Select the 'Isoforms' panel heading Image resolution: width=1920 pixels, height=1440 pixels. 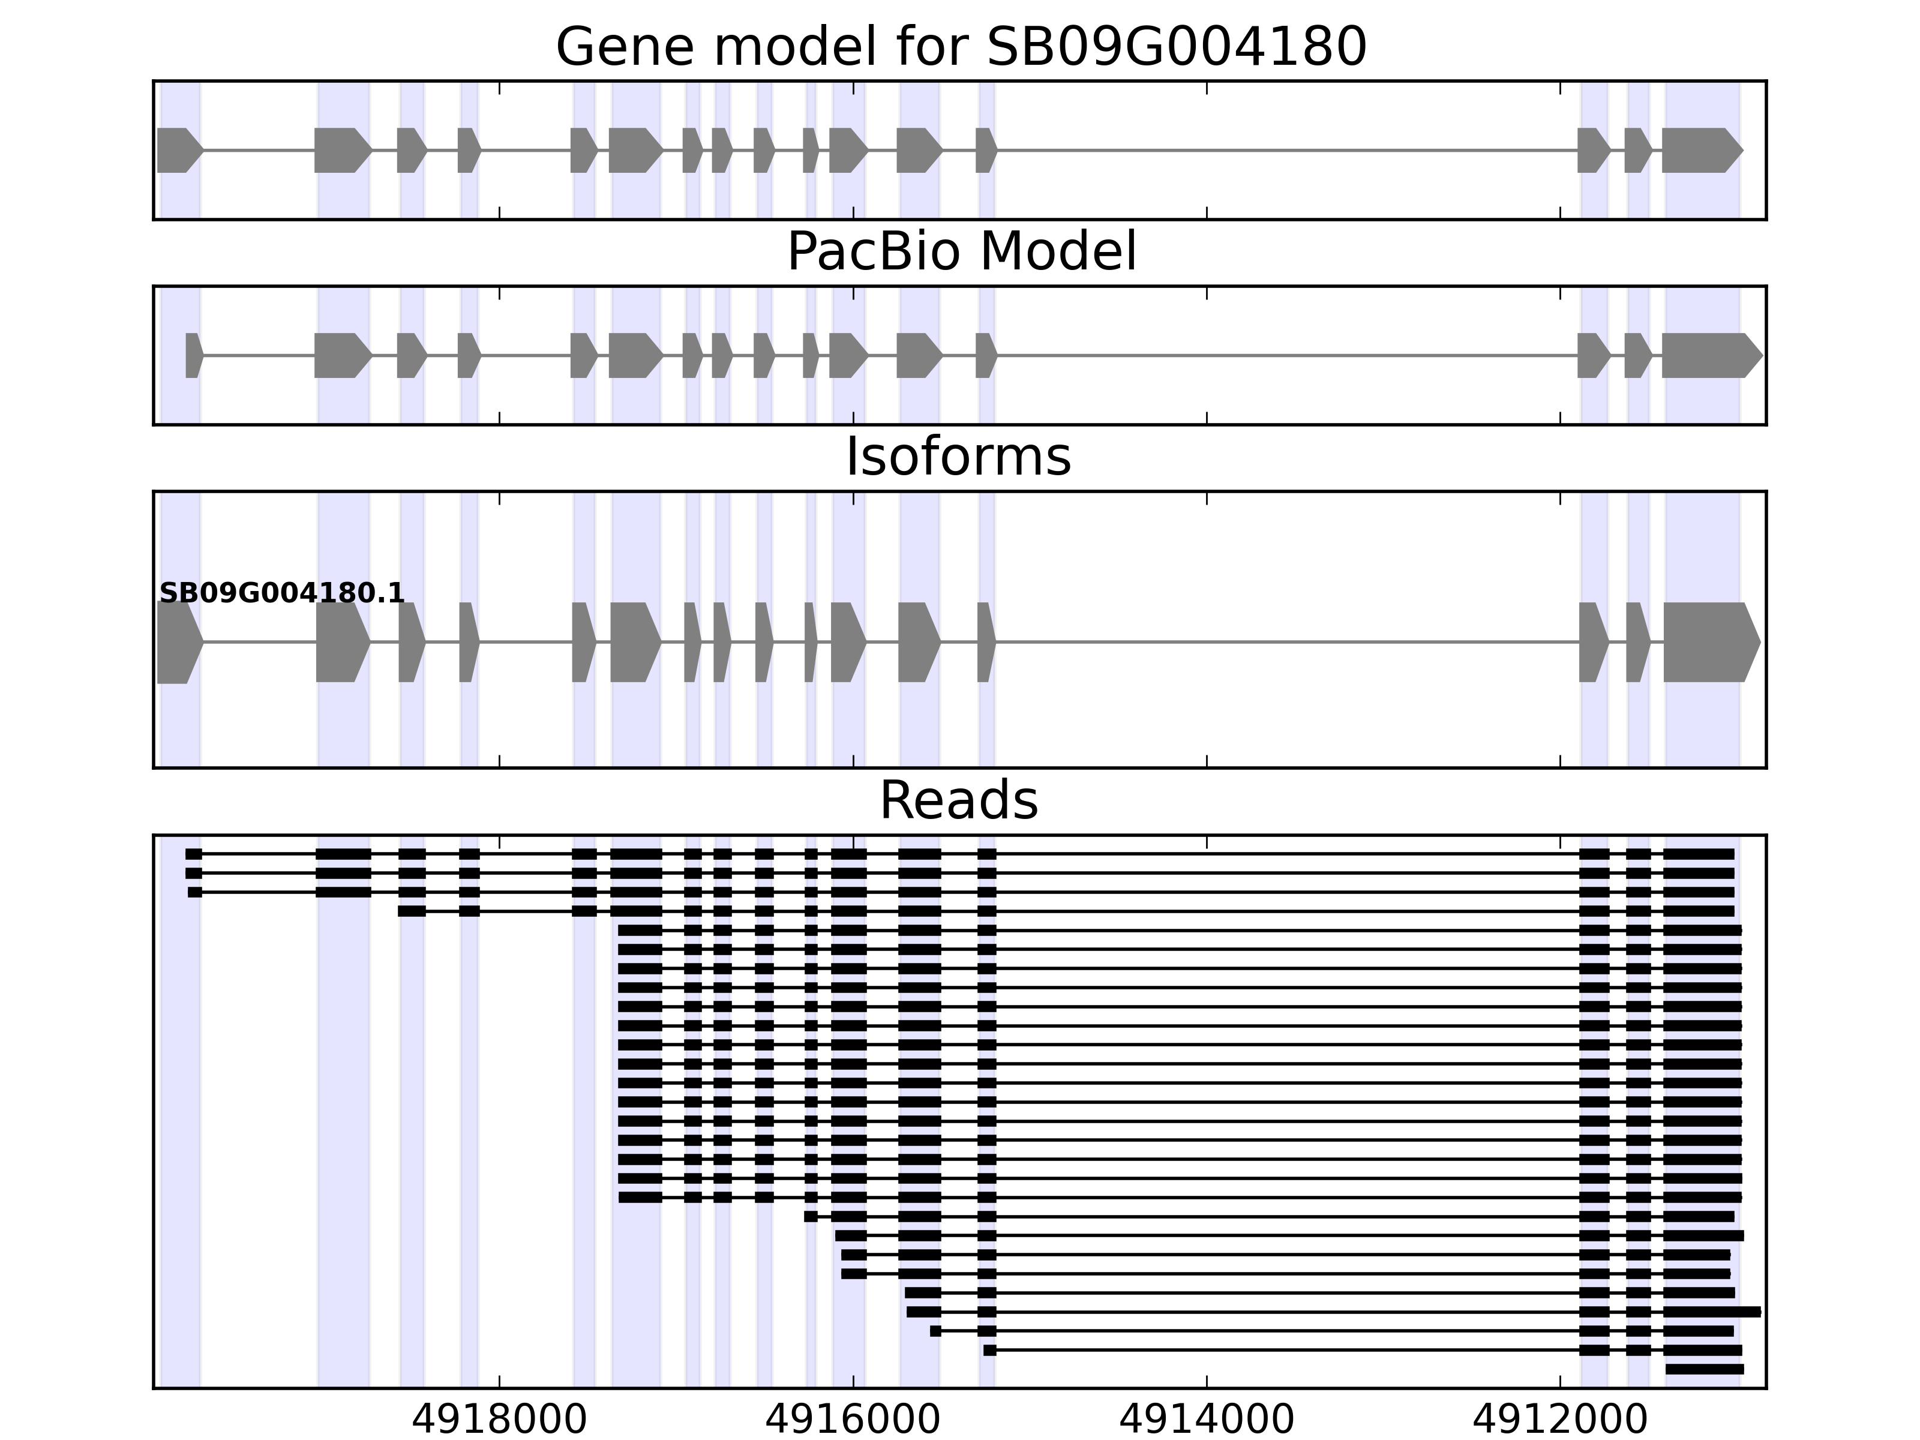958,457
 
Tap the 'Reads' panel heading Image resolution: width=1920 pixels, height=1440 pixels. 958,800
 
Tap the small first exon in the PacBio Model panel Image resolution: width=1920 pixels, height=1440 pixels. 193,355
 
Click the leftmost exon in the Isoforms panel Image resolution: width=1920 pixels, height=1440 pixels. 177,643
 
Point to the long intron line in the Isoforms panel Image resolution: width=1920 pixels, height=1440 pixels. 1285,643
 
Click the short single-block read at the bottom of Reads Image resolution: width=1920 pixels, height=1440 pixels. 1704,1369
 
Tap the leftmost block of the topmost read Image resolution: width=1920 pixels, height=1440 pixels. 194,854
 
